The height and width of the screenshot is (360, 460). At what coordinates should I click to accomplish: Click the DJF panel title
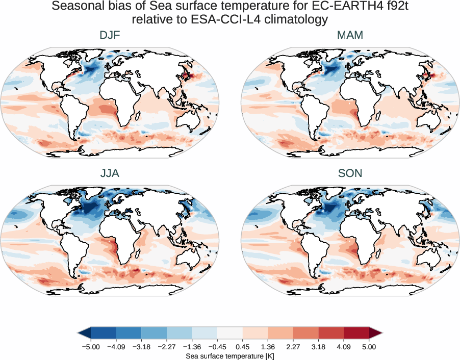(110, 36)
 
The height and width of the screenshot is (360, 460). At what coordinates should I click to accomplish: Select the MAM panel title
(350, 36)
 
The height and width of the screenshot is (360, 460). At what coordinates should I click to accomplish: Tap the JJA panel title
(110, 173)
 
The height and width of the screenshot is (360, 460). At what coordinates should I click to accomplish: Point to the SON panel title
(350, 173)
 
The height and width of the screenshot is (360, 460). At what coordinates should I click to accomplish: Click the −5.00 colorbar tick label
(90, 347)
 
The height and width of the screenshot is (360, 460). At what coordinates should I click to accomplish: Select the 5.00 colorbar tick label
(369, 347)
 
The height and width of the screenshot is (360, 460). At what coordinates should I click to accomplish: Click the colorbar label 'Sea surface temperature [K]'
(229, 355)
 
